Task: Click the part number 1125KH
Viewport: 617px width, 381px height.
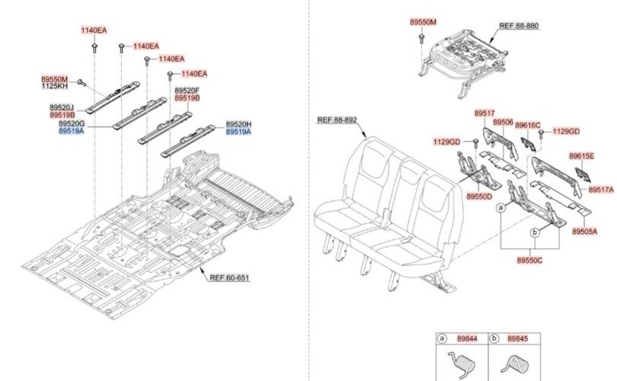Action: pyautogui.click(x=54, y=87)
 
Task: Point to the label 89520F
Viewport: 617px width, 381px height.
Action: pyautogui.click(x=187, y=91)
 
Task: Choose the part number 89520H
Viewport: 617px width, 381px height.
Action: pyautogui.click(x=238, y=124)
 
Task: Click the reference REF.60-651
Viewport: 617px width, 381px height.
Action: pyautogui.click(x=229, y=277)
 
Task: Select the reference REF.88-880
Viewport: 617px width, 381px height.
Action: pyautogui.click(x=519, y=25)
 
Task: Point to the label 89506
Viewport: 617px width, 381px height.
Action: pyautogui.click(x=503, y=122)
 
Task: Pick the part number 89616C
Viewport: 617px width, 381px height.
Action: pyautogui.click(x=527, y=125)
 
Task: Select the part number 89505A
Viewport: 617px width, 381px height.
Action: pyautogui.click(x=584, y=230)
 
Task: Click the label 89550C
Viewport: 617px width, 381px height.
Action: pyautogui.click(x=529, y=260)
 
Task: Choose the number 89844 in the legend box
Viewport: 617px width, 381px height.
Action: pyautogui.click(x=468, y=338)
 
